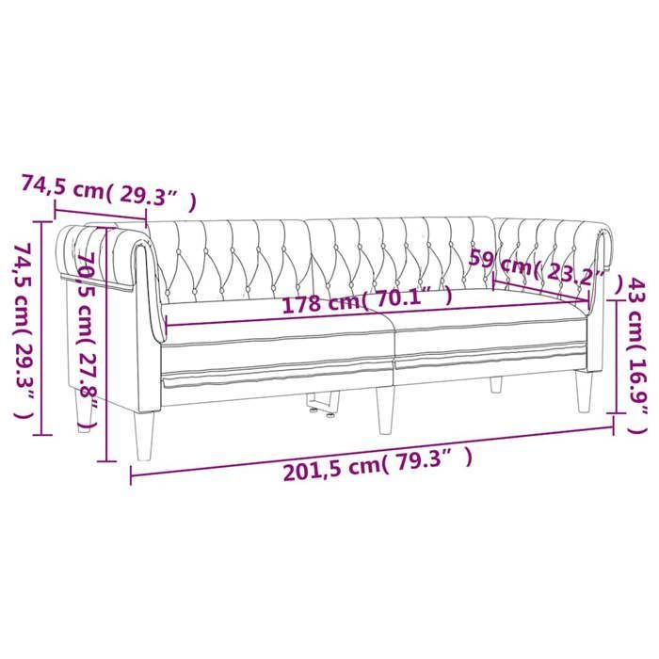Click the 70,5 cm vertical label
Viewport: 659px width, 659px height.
(x=88, y=342)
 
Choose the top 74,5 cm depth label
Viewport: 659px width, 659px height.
(x=108, y=193)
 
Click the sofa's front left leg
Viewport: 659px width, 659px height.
(x=143, y=435)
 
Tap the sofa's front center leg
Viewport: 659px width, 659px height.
(x=385, y=410)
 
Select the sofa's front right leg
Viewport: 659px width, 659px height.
(x=585, y=392)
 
